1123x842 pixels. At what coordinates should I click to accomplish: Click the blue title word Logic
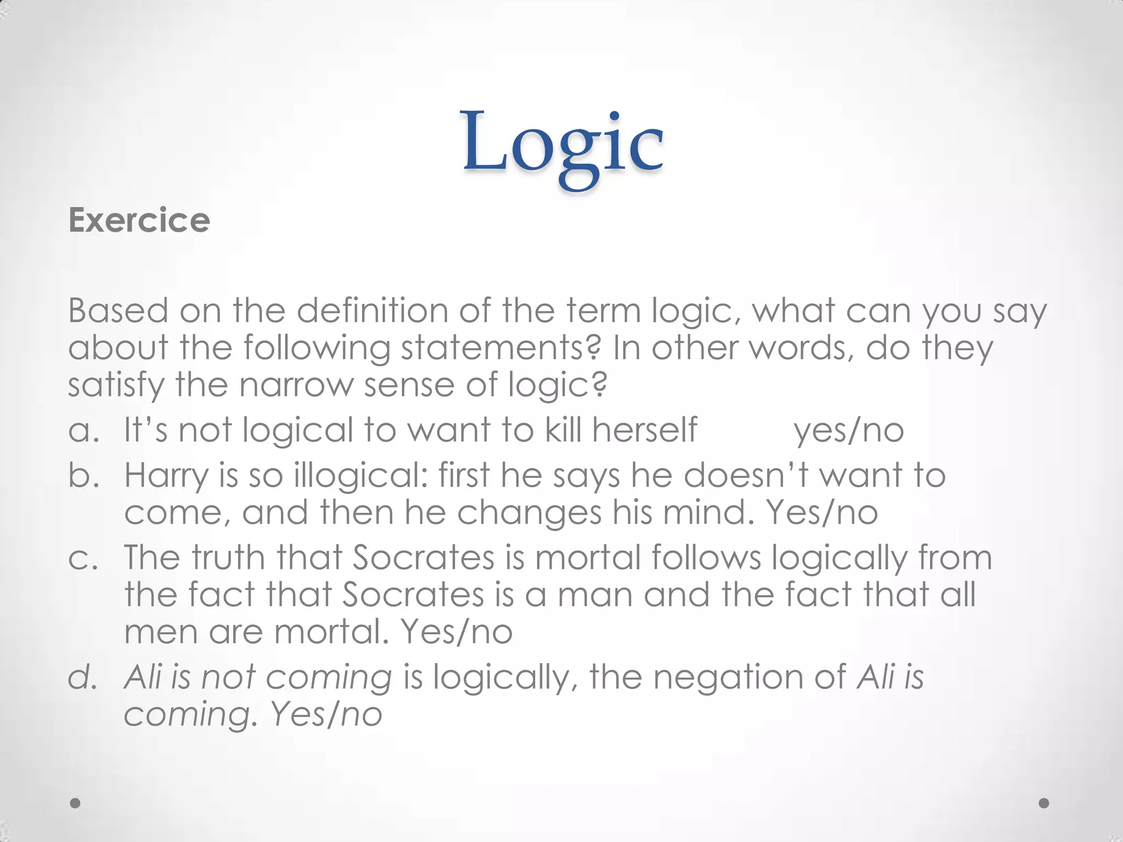click(563, 144)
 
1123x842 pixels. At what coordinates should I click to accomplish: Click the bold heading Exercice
click(139, 220)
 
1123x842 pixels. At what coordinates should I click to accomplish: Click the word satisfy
click(116, 385)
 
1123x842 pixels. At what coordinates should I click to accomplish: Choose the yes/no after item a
click(849, 431)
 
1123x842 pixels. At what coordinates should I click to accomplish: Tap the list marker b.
click(83, 475)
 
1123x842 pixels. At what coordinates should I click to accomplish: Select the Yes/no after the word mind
click(821, 513)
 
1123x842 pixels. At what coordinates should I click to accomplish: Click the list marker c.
click(83, 558)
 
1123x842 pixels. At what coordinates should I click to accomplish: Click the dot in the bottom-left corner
click(76, 803)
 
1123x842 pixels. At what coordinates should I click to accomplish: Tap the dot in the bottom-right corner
click(1044, 803)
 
